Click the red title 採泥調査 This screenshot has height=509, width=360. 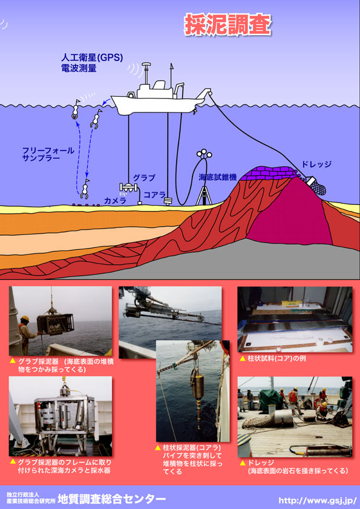click(x=227, y=25)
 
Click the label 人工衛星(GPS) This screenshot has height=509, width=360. click(x=92, y=58)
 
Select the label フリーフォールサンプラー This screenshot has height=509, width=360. click(x=48, y=154)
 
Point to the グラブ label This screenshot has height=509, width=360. click(x=144, y=178)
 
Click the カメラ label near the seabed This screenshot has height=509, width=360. click(x=115, y=201)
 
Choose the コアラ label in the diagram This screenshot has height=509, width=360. click(x=155, y=195)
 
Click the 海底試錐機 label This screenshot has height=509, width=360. click(x=217, y=177)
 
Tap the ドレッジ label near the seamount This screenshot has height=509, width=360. click(x=316, y=164)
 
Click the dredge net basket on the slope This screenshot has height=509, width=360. click(x=317, y=186)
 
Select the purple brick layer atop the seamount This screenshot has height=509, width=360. click(x=269, y=173)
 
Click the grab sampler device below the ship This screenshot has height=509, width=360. click(x=129, y=187)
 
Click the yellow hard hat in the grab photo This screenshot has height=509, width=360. click(x=25, y=319)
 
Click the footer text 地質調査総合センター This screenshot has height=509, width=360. click(x=111, y=499)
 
